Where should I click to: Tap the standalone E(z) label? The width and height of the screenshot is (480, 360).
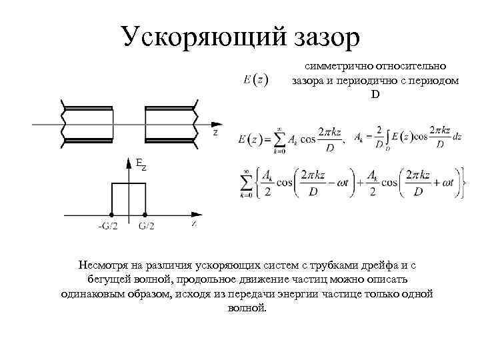[x=256, y=80]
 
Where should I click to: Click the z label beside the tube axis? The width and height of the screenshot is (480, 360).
[x=215, y=133]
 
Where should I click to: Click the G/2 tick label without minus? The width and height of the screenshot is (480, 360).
[x=147, y=226]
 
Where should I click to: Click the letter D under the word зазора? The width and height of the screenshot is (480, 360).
[x=375, y=94]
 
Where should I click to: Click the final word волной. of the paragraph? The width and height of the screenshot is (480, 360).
[x=247, y=308]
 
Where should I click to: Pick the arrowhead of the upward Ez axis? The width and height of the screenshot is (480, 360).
[x=129, y=161]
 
